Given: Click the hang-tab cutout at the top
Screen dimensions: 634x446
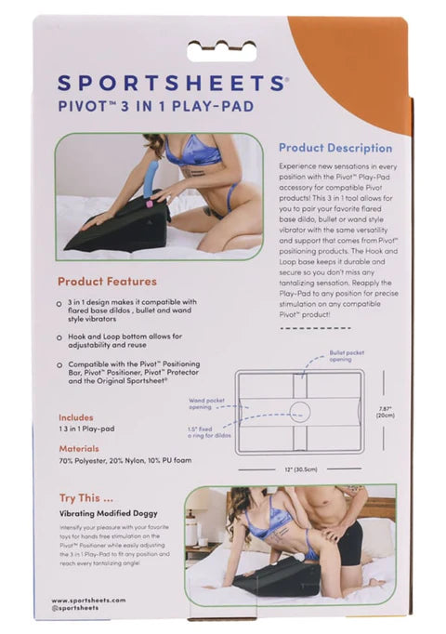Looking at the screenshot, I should tap(222, 49).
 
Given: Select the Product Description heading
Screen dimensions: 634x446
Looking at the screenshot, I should tap(335, 148).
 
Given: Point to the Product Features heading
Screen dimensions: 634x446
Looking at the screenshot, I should tap(107, 281).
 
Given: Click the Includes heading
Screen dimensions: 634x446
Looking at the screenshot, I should tap(76, 417).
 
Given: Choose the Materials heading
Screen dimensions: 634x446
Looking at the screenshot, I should tap(79, 446).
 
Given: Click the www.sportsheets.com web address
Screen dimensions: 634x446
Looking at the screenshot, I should tap(88, 601).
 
